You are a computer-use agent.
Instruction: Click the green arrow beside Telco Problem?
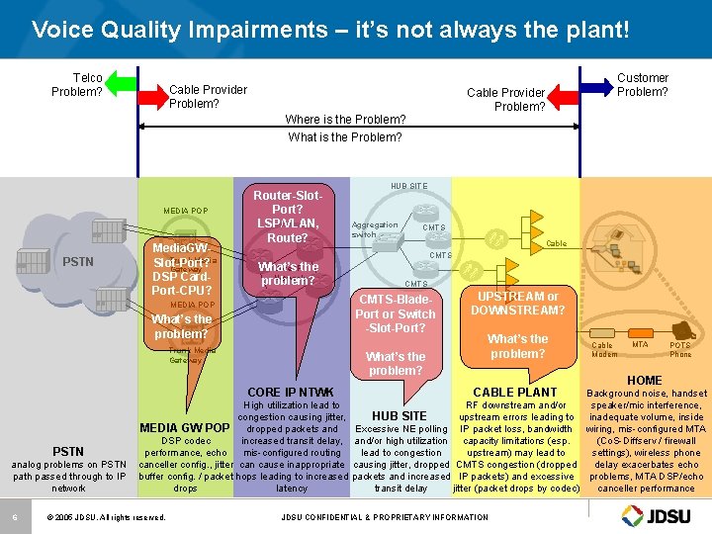click(x=121, y=85)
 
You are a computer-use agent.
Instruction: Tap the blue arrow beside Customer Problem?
click(x=594, y=85)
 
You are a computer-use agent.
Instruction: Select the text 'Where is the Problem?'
click(x=345, y=120)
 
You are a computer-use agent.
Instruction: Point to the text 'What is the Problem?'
click(x=345, y=137)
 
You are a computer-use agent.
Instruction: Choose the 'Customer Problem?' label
click(x=643, y=85)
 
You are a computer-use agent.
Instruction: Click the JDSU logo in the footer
click(x=659, y=515)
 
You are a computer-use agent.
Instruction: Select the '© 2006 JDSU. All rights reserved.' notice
click(x=106, y=517)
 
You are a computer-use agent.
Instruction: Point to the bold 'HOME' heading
click(x=645, y=380)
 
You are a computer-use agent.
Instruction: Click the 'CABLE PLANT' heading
click(x=515, y=393)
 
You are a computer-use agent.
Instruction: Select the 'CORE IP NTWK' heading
click(x=291, y=393)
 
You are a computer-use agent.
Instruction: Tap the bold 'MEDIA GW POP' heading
click(x=185, y=427)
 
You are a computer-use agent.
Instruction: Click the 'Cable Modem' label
click(x=602, y=349)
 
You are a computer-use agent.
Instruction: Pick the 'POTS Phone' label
click(x=680, y=349)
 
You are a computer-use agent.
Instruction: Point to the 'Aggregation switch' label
click(x=374, y=229)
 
